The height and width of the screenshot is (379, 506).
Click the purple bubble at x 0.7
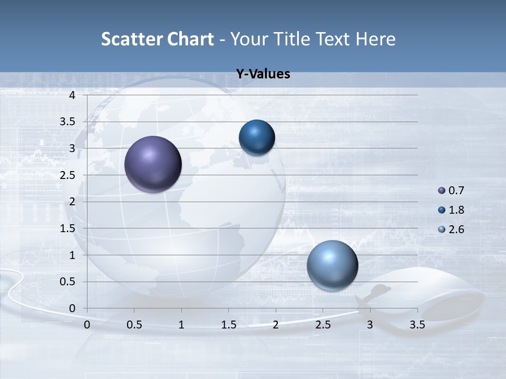pos(153,164)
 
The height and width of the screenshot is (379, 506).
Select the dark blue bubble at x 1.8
pos(257,137)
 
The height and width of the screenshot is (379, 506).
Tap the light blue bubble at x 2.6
pos(332,265)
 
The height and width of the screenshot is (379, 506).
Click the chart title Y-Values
pos(262,74)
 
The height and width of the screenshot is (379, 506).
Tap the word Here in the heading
pos(375,39)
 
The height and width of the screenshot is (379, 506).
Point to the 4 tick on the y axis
pos(73,95)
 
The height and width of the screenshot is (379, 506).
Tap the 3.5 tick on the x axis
pos(417,325)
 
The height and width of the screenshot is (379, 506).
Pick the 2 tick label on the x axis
pos(276,325)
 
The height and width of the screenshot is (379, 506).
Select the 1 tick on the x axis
pos(181,325)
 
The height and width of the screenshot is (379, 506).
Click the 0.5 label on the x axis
pos(134,325)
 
